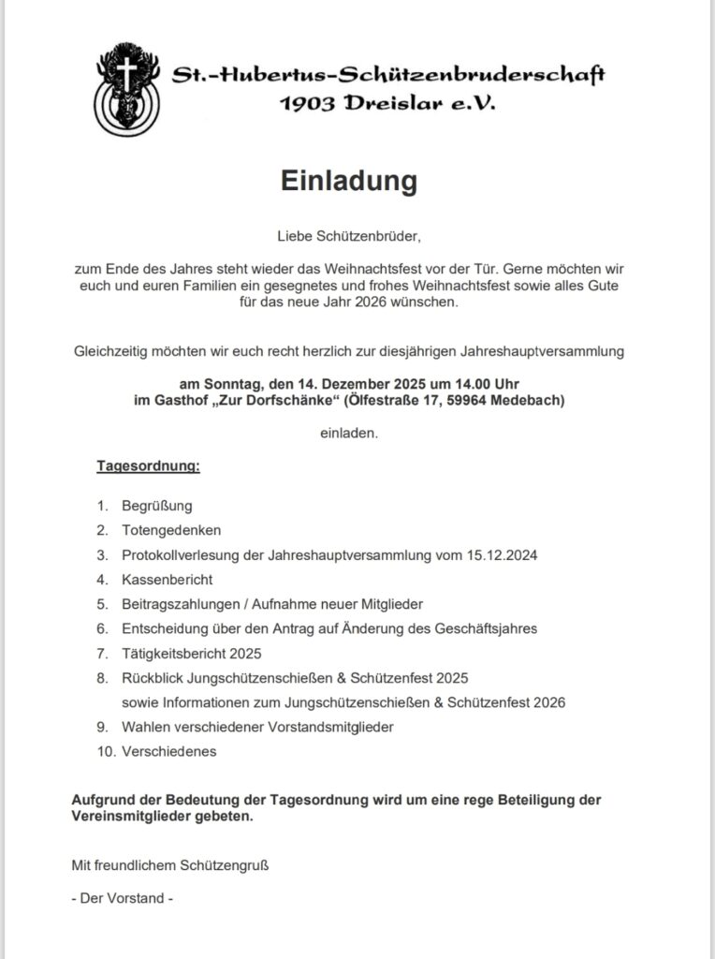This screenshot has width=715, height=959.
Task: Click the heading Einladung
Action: [x=349, y=181]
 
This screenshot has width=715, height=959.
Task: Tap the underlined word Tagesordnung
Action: [x=148, y=465]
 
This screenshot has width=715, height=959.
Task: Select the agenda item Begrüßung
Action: [x=156, y=506]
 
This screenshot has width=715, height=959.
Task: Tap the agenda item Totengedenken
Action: [x=165, y=530]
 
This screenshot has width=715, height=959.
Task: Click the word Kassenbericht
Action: [x=167, y=580]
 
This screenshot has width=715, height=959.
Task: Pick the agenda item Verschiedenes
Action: [x=168, y=751]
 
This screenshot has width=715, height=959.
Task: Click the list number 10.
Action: [x=105, y=751]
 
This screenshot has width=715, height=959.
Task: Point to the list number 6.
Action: [x=102, y=628]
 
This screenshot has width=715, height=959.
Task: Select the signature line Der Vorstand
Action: [x=123, y=898]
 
